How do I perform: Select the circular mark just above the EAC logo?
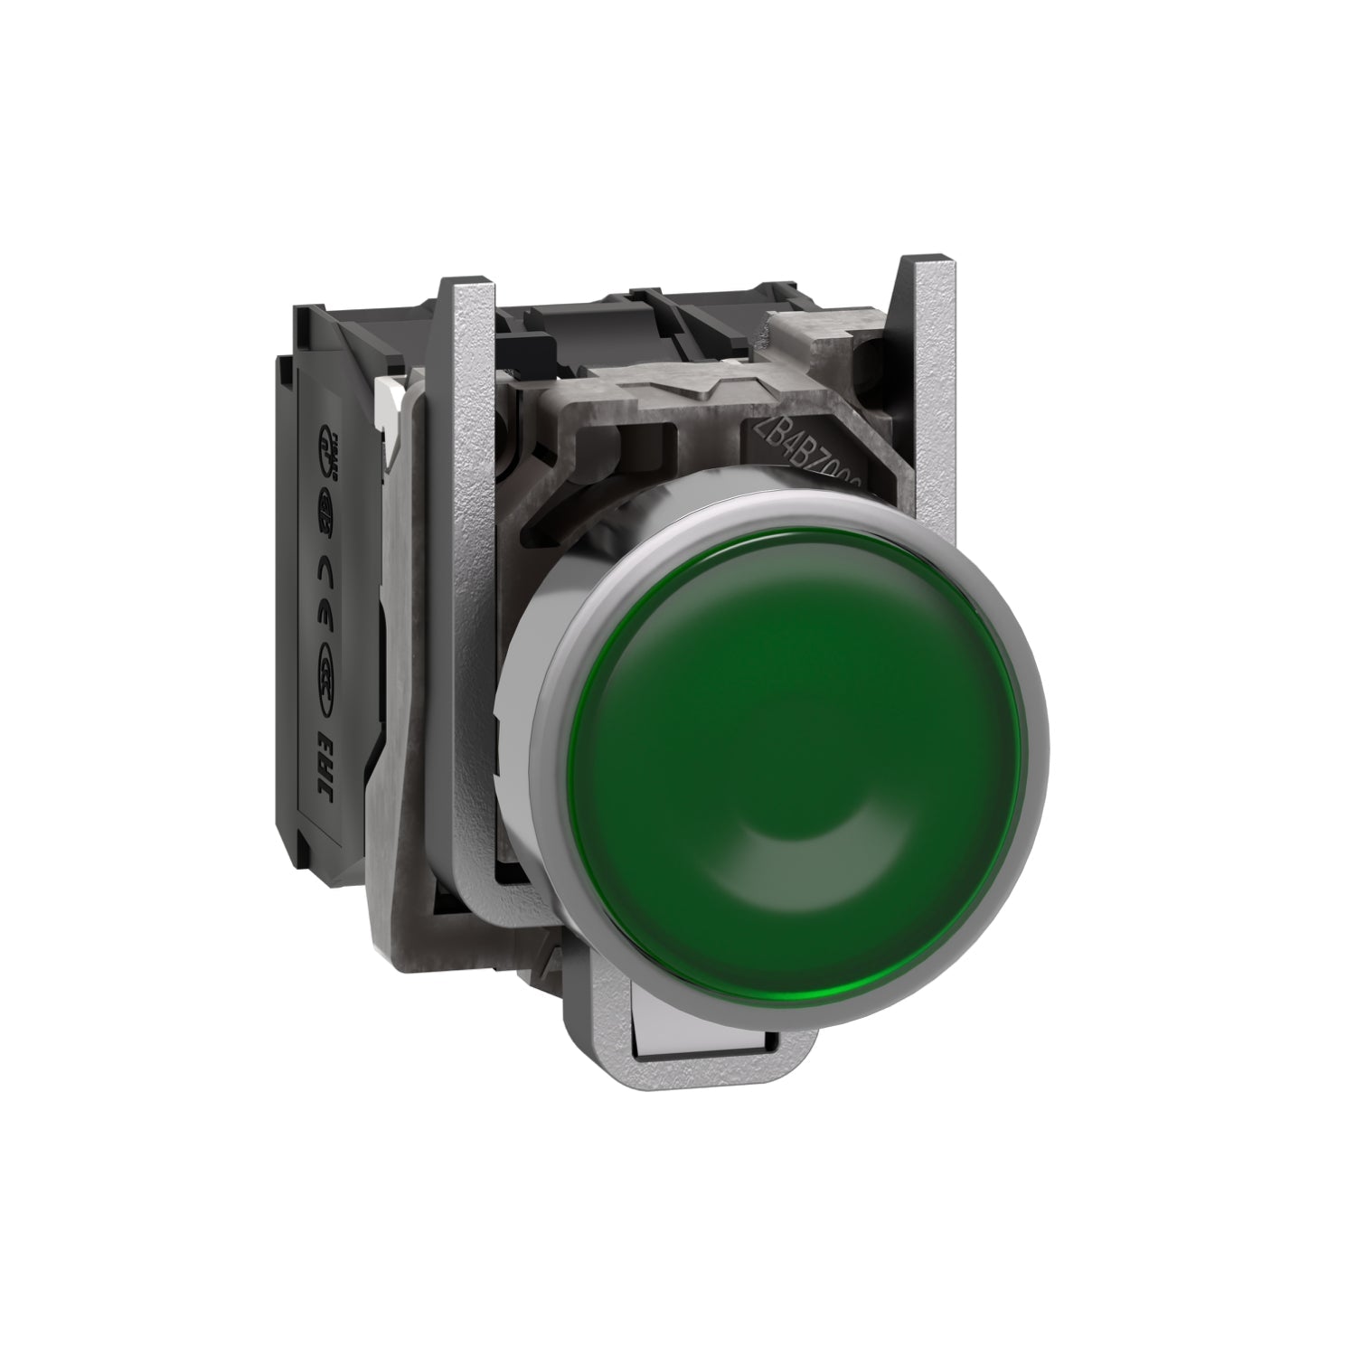pyautogui.click(x=327, y=673)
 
